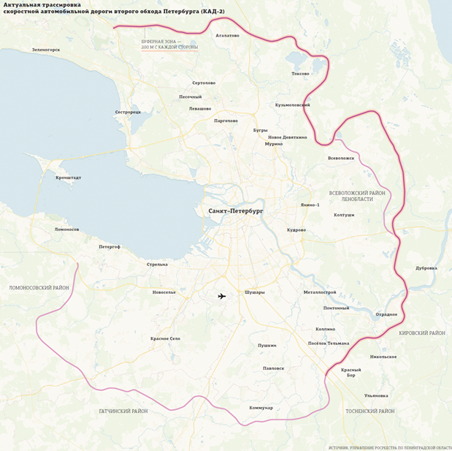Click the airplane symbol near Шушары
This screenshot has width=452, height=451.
click(222, 296)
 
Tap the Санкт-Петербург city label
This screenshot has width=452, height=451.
click(235, 211)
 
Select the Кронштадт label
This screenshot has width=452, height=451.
click(68, 177)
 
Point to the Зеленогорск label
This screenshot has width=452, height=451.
click(45, 50)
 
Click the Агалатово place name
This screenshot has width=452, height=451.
click(228, 34)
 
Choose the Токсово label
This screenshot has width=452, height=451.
click(300, 74)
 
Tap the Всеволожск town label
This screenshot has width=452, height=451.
click(341, 158)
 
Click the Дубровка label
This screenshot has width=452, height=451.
click(426, 268)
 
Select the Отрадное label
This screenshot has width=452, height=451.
click(386, 314)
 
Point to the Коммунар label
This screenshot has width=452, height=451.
click(261, 407)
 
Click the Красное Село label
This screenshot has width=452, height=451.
click(165, 338)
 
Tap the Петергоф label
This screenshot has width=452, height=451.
click(110, 247)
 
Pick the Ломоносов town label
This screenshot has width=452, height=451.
click(66, 230)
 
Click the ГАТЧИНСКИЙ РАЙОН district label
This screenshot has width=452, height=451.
click(123, 412)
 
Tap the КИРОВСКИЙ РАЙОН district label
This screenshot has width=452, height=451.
click(422, 333)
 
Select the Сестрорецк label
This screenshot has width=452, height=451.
click(128, 112)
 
